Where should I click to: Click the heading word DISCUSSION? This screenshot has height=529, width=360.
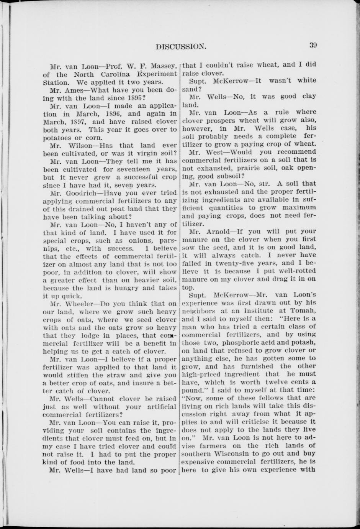(181, 47)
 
